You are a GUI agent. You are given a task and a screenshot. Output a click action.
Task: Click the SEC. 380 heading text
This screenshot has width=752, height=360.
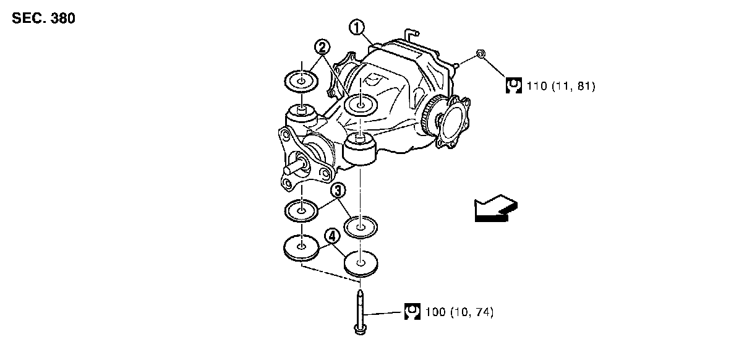43,19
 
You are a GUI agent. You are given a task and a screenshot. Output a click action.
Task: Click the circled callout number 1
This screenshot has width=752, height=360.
357,27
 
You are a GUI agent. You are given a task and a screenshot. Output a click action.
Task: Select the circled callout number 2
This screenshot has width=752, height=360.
322,46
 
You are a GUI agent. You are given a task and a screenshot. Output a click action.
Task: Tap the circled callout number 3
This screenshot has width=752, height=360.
338,191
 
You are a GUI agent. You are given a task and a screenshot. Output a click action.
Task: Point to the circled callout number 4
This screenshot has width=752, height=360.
331,236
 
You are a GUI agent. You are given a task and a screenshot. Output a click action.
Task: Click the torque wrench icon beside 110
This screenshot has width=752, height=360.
513,86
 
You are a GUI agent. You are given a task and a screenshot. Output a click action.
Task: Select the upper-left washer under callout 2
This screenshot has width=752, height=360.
301,82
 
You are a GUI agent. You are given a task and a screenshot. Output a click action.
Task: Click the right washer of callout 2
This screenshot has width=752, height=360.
361,104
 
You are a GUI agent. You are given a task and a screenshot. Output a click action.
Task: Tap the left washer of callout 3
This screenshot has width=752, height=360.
301,210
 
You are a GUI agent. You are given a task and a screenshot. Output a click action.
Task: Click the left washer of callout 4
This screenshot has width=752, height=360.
301,248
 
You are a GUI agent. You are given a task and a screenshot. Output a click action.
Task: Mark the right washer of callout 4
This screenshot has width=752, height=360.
361,263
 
